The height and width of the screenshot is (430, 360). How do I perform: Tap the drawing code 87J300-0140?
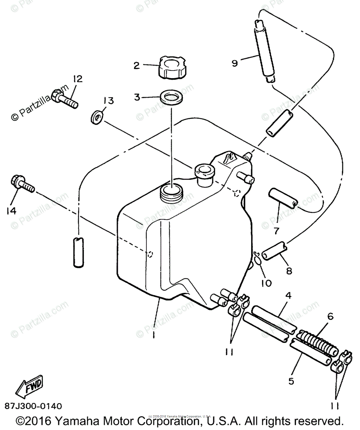click(33, 406)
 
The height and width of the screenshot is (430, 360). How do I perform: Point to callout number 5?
click(291, 381)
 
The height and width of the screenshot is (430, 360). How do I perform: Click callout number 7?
click(276, 231)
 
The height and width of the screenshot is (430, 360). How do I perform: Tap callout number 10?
click(267, 283)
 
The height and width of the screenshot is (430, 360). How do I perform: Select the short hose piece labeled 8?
click(274, 250)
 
